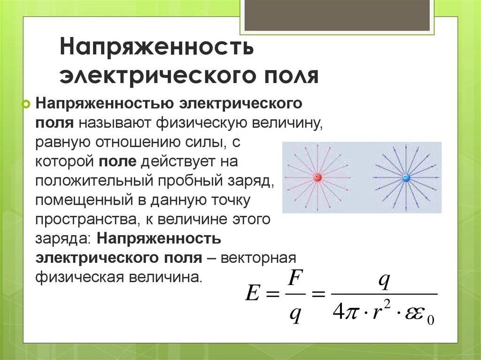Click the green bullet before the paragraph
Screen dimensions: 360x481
click(x=26, y=104)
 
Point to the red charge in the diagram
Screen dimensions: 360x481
click(x=317, y=178)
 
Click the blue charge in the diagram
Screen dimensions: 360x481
click(x=406, y=178)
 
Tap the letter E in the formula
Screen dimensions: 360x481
click(x=252, y=294)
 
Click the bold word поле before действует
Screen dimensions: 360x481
click(x=117, y=161)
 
